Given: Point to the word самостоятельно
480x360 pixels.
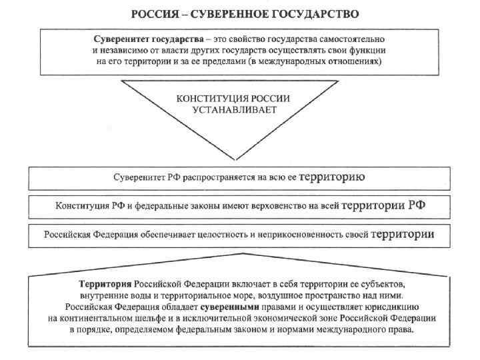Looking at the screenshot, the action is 355,39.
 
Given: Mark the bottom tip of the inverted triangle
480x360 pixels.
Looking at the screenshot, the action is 234,159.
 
